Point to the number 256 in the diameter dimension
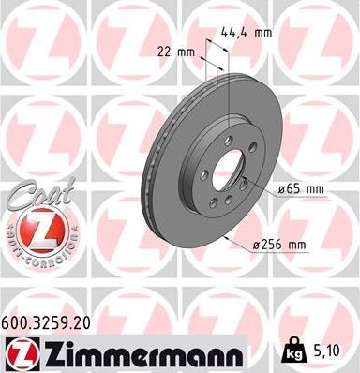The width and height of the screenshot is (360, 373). (281, 246)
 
